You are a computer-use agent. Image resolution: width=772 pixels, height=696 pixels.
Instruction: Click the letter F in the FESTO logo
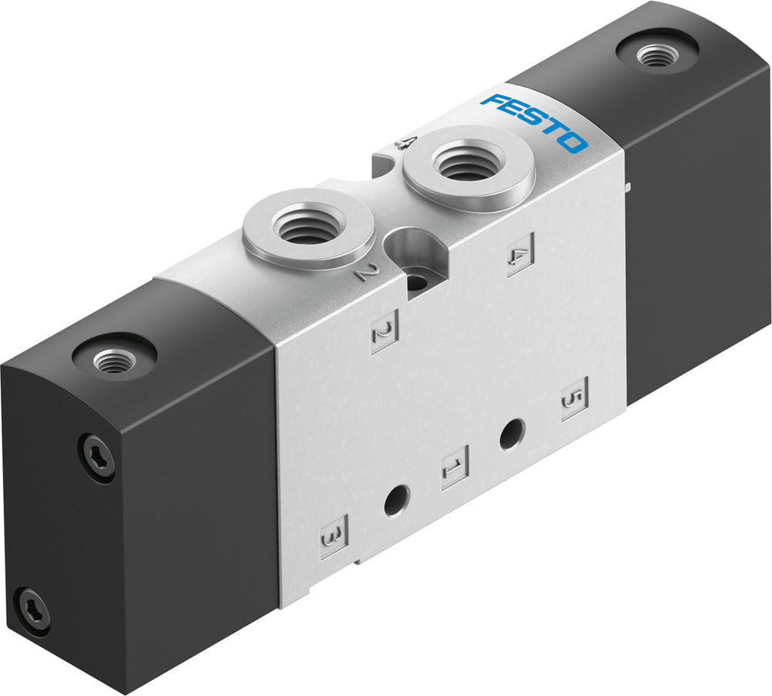[x=492, y=102]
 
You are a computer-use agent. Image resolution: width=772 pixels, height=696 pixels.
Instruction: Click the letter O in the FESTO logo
[x=574, y=143]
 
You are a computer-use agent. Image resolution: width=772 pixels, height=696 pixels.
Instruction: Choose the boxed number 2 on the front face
[x=383, y=334]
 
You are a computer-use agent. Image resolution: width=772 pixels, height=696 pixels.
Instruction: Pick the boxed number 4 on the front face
[x=520, y=256]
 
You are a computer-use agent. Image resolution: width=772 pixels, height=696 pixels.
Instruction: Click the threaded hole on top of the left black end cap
[x=114, y=358]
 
